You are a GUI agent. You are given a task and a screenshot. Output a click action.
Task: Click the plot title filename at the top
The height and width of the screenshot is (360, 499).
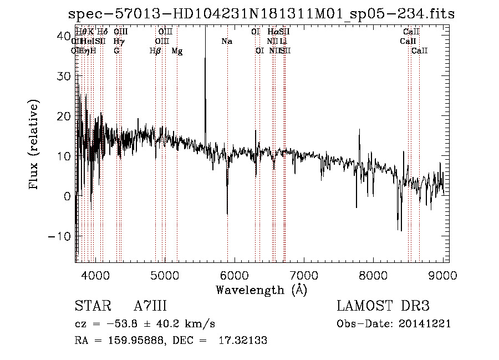(x=261, y=14)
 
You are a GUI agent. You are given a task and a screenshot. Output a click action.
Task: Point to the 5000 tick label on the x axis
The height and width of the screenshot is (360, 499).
(x=164, y=275)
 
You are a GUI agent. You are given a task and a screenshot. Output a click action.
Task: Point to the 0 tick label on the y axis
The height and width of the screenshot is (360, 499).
(x=66, y=196)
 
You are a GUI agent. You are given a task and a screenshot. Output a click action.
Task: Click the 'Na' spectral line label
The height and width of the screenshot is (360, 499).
(x=226, y=41)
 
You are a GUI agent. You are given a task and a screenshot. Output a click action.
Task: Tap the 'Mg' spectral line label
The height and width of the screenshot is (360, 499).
(x=177, y=51)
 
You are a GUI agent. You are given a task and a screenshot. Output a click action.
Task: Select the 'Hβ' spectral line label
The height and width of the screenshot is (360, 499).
(x=155, y=51)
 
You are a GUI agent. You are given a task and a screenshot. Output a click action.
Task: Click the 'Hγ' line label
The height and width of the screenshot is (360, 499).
(x=118, y=41)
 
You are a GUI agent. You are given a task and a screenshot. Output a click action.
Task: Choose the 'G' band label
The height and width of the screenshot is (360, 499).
(x=116, y=51)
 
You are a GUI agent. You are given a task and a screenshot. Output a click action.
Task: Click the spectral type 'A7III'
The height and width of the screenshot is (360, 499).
(x=150, y=306)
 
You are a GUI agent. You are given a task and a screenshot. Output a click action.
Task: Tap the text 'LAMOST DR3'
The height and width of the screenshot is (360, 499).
(x=383, y=306)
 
